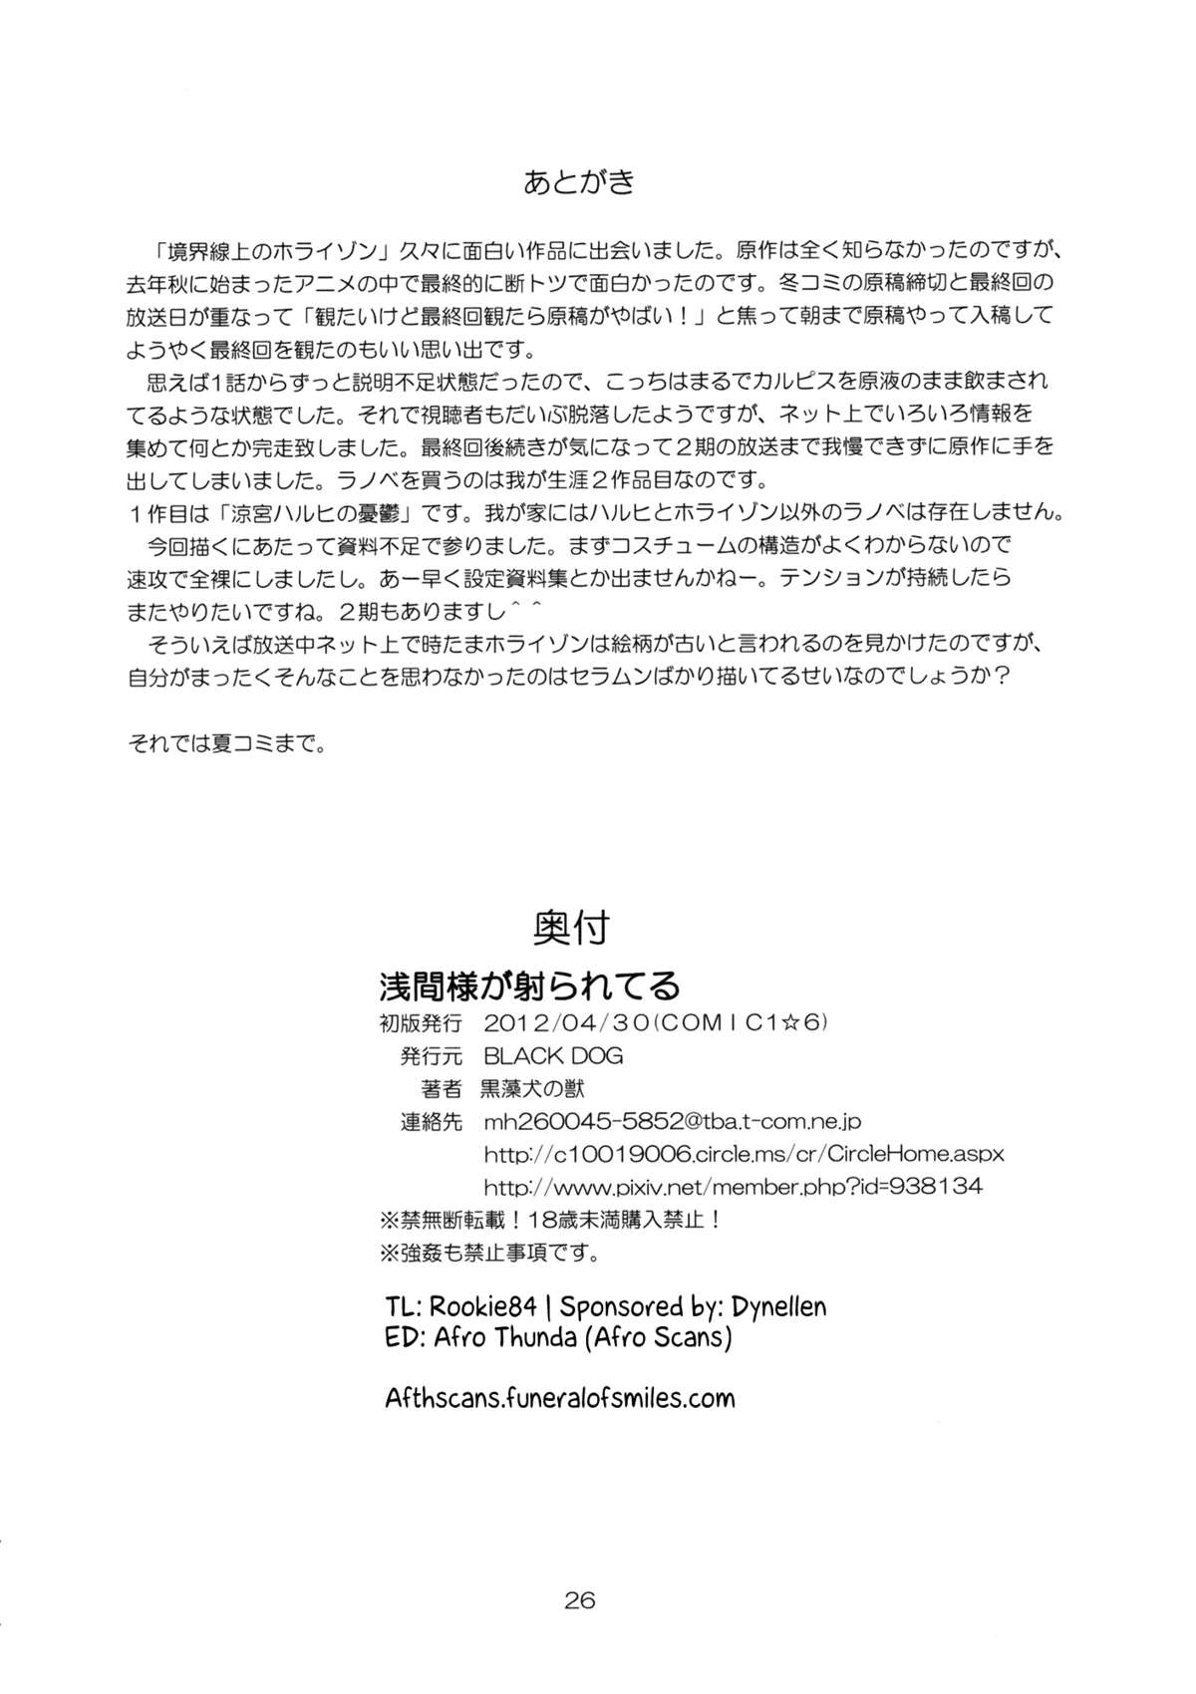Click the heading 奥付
point(571,929)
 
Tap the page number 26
point(579,1601)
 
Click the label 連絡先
point(432,1121)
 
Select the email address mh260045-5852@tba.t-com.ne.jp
point(672,1121)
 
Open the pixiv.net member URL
point(733,1187)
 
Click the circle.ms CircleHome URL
point(744,1154)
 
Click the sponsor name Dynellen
point(762,1306)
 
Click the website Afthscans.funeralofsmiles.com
point(560,1398)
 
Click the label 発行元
point(432,1055)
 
